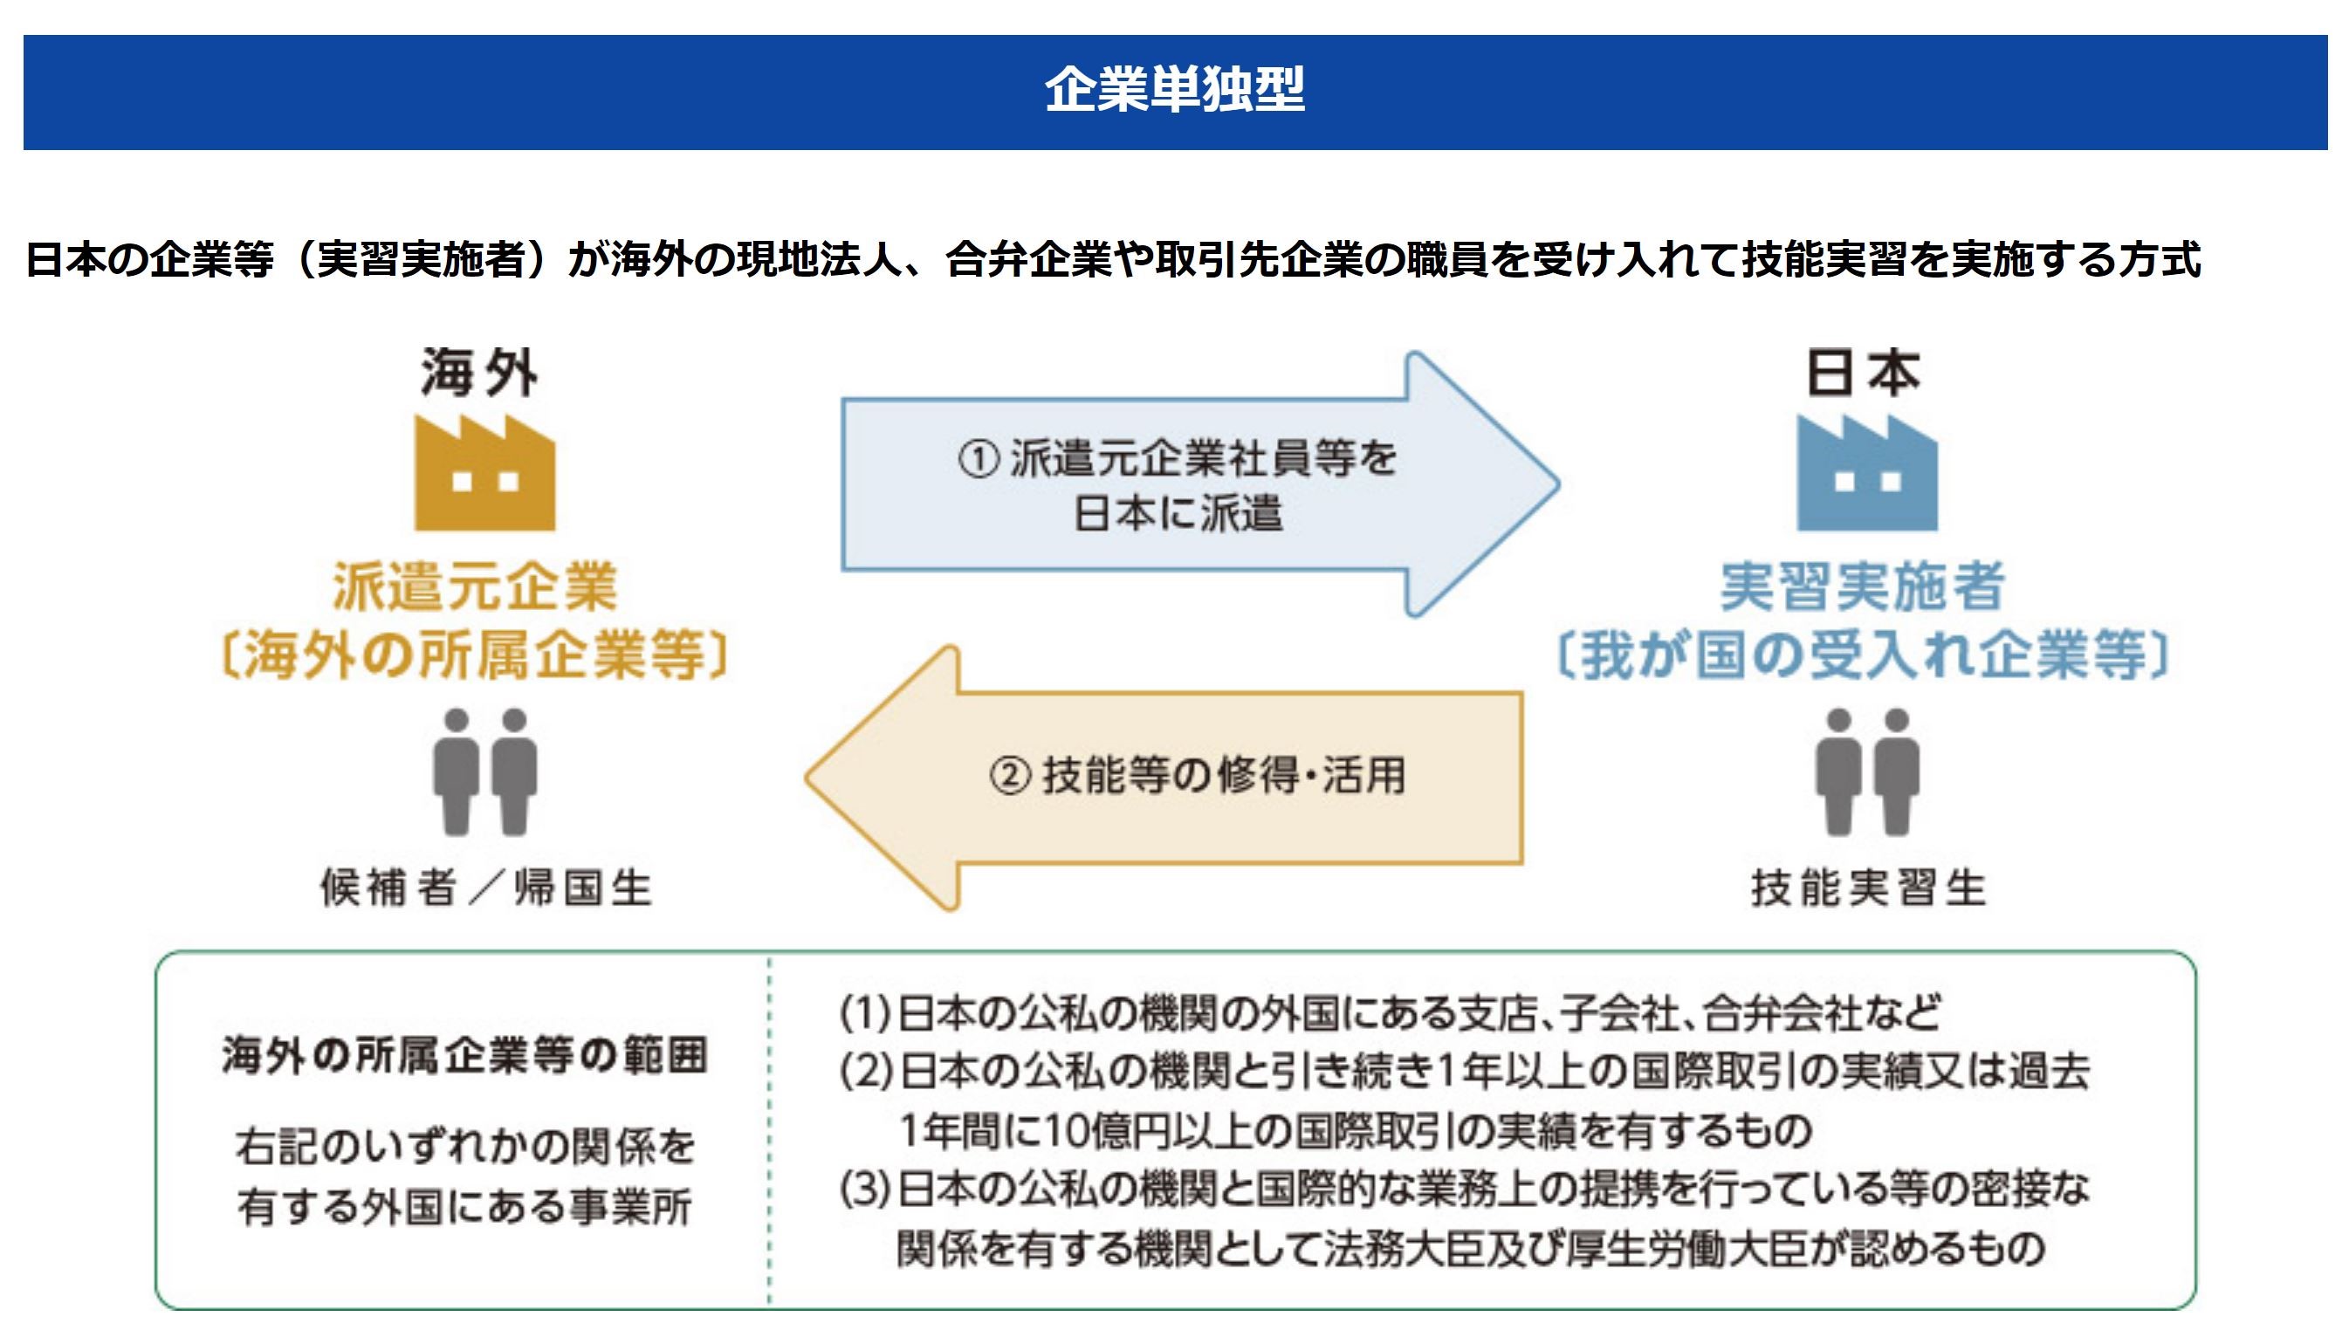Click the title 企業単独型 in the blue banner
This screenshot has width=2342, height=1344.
(x=1174, y=91)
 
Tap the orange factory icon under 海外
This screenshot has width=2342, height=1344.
(x=484, y=473)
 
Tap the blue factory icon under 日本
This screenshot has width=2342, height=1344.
(x=1866, y=473)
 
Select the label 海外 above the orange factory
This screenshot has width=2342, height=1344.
(x=480, y=373)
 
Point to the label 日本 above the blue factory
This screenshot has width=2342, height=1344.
(x=1863, y=373)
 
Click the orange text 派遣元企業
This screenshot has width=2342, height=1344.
(x=475, y=587)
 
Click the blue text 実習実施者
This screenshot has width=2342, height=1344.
(x=1862, y=587)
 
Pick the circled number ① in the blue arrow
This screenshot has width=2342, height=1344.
(x=979, y=459)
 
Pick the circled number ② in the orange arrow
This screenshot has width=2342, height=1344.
(x=1010, y=775)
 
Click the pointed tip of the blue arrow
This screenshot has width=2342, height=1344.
(x=1559, y=483)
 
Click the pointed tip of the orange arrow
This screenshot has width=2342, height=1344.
(x=806, y=778)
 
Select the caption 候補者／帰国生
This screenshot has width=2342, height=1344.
(x=486, y=888)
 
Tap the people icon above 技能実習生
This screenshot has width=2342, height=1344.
(x=1867, y=771)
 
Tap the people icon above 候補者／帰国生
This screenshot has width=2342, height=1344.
(x=484, y=771)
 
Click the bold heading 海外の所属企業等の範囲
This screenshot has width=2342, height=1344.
(x=464, y=1055)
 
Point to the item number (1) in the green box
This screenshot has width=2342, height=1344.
(x=865, y=1013)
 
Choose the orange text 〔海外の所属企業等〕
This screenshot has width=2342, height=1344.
(x=475, y=655)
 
